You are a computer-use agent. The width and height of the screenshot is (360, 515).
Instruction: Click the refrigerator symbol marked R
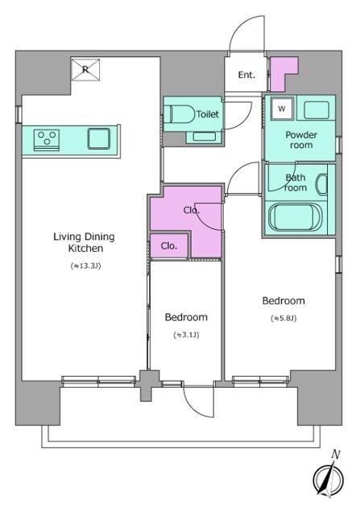[85, 70]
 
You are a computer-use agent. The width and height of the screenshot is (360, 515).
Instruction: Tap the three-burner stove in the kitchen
[47, 140]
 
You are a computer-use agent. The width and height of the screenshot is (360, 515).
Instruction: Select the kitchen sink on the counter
[98, 138]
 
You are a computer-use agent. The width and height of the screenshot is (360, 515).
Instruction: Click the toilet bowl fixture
[180, 113]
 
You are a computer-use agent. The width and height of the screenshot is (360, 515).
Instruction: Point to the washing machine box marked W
[281, 109]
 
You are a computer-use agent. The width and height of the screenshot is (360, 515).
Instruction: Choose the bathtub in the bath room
[294, 216]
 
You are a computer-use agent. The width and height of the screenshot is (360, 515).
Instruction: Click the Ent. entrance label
[246, 75]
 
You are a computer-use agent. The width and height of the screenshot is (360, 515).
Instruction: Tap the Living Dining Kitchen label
[85, 242]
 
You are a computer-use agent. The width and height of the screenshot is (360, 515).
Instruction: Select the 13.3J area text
[85, 266]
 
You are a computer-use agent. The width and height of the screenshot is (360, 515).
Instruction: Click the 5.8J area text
[283, 319]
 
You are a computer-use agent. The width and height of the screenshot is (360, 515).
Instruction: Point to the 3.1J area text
[186, 335]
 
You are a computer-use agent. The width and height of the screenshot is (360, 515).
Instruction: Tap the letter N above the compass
[336, 455]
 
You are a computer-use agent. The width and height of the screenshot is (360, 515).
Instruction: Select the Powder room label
[301, 140]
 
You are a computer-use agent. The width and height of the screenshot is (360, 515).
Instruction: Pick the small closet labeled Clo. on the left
[169, 245]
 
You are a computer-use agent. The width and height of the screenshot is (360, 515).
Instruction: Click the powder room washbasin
[317, 110]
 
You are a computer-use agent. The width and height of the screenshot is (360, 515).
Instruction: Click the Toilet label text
[208, 114]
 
